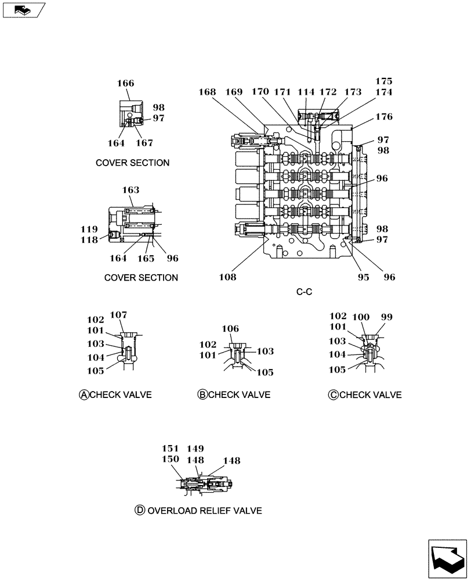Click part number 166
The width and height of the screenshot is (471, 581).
point(126,84)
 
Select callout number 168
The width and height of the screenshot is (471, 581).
point(207,92)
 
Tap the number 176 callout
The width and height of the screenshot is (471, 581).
point(383,117)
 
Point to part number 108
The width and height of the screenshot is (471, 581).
point(228,278)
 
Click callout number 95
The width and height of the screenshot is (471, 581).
point(363,278)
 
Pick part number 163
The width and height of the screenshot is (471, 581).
point(131,189)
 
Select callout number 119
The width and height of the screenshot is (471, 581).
point(89,229)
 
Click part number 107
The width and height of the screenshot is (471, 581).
point(118,315)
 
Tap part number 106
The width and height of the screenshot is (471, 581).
point(230,329)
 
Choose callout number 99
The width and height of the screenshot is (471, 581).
point(386,317)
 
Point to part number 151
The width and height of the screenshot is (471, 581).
point(170,449)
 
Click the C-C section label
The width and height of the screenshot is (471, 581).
point(304,292)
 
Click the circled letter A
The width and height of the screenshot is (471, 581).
point(84,395)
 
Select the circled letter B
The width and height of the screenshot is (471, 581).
point(202,395)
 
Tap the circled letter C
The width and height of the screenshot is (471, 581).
point(333,395)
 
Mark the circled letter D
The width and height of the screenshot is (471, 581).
point(139,511)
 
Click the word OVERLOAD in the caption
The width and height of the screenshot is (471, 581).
point(172,511)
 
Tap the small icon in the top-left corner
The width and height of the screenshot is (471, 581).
point(23,9)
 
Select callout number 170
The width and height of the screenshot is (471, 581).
point(260,92)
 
